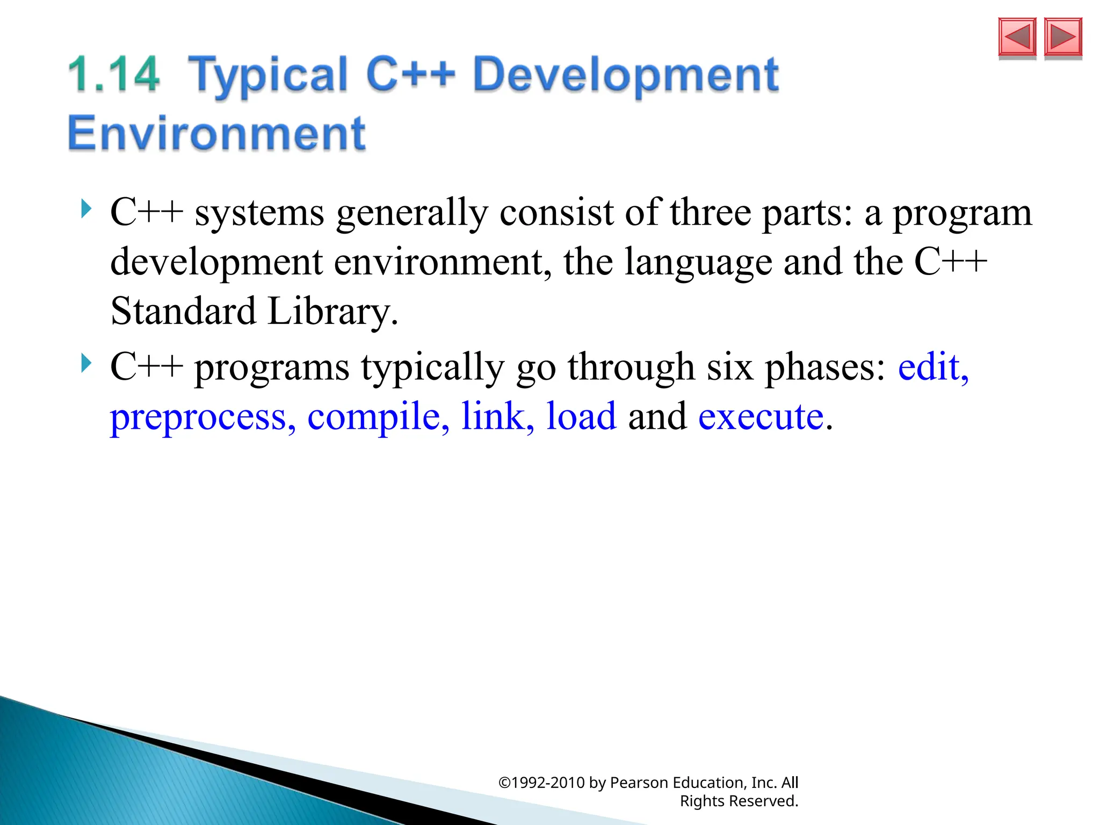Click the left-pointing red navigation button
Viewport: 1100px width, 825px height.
(x=1017, y=37)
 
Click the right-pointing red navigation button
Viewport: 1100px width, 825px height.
(x=1063, y=37)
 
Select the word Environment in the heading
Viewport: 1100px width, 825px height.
(x=216, y=133)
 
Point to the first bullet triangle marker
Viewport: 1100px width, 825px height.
(x=86, y=208)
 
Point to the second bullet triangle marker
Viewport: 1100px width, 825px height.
(x=86, y=363)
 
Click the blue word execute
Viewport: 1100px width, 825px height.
(x=761, y=417)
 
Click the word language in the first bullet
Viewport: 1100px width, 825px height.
(x=698, y=263)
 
